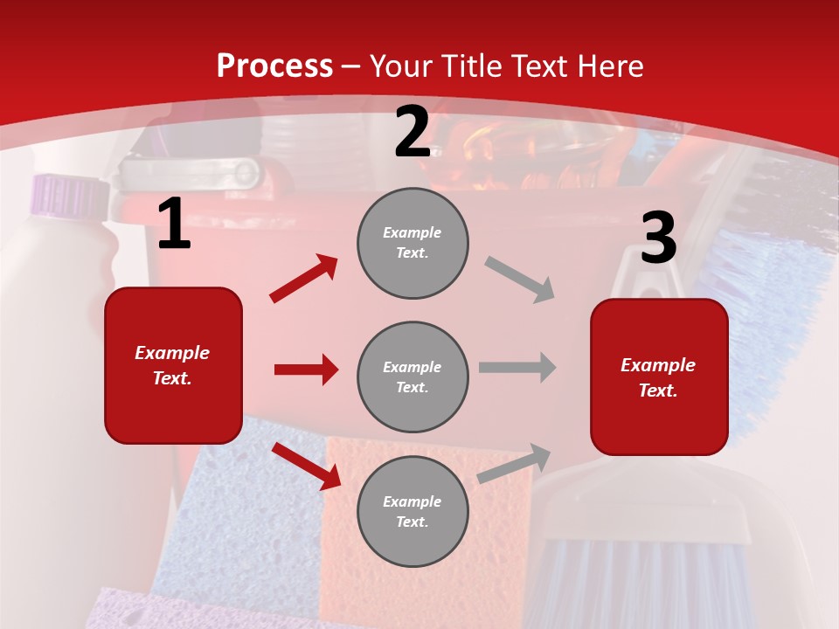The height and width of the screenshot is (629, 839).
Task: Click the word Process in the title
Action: click(274, 66)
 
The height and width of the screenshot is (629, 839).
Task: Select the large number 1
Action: click(174, 225)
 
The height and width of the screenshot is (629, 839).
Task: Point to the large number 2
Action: click(413, 133)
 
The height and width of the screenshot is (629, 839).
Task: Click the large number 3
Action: click(658, 238)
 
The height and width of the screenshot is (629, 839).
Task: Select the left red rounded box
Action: click(173, 365)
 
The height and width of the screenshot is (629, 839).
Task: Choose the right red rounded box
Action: click(659, 377)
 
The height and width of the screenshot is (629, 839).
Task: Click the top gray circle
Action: click(413, 243)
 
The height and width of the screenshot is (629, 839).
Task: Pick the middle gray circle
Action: click(413, 377)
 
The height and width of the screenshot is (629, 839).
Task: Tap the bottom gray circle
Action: click(413, 512)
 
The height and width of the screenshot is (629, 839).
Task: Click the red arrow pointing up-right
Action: click(304, 278)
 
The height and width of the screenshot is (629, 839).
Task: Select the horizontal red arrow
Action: click(306, 370)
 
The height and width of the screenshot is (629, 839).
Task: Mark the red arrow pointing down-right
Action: click(307, 466)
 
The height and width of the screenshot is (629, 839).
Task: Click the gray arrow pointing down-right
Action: click(520, 279)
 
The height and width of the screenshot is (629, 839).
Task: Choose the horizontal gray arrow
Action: click(517, 367)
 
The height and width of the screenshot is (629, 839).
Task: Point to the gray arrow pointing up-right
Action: click(515, 463)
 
